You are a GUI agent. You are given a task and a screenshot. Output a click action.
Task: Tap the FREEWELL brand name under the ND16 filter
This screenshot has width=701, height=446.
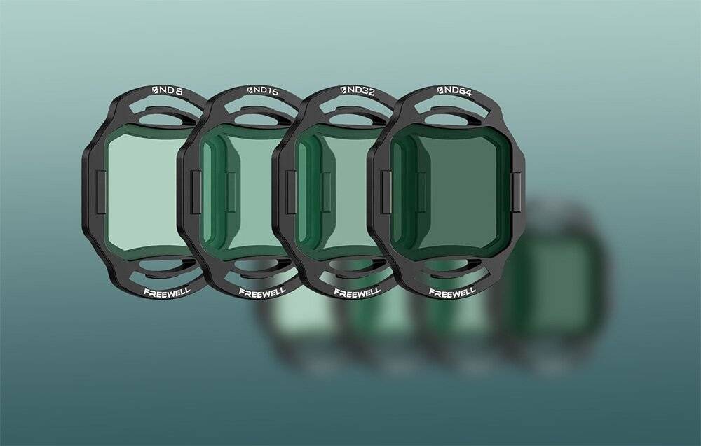click(262, 293)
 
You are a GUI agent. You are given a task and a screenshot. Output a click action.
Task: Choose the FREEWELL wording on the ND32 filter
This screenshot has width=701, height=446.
click(358, 293)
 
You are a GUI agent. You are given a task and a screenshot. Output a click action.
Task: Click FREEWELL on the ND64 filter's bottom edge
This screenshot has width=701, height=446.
click(452, 293)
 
